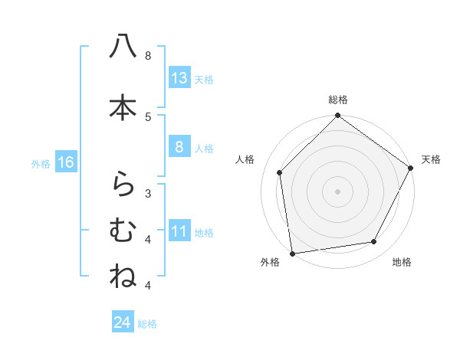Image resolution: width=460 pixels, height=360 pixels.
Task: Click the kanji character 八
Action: pos(123,47)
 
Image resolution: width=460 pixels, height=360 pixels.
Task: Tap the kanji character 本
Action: pos(123,107)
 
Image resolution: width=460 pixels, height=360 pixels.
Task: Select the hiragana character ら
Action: pos(123,184)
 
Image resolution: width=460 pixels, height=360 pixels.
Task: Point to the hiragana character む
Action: pos(123,230)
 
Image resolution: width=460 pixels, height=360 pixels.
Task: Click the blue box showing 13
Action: pos(179,78)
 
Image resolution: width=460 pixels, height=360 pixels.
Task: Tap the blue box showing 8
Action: pos(179,148)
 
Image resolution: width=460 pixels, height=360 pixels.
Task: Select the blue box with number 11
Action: pos(179,232)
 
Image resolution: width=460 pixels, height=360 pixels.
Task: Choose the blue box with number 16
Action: pos(66,162)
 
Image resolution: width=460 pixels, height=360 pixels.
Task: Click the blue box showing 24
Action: pos(123,322)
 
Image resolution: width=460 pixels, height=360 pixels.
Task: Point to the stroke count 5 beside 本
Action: pos(148,116)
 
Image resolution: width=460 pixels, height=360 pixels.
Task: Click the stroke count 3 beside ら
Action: pos(148,193)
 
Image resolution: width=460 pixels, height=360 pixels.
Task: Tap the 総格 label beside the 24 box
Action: pos(147,324)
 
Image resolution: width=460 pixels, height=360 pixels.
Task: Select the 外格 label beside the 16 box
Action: pos(41,163)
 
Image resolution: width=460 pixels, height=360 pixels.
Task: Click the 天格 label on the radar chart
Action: pos(431,159)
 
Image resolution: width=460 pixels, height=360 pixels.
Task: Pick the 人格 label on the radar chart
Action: pos(245,159)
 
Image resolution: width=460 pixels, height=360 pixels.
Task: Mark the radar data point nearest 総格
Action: pos(337,116)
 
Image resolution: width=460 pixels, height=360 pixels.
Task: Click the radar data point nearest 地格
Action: pos(374,242)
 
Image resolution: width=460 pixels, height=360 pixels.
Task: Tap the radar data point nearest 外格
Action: pos(292,253)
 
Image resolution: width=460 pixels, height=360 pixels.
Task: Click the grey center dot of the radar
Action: pos(337,191)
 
